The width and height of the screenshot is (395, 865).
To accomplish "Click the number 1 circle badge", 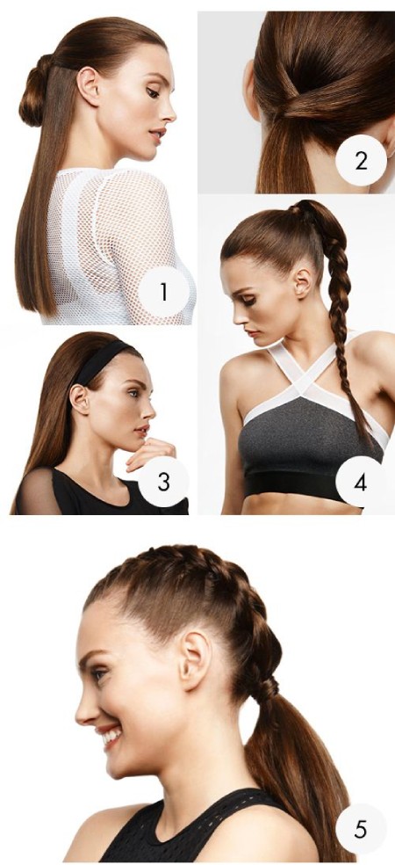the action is point(163,293).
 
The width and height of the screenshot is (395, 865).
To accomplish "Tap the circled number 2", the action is point(360,161).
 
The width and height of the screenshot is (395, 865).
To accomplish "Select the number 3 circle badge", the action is point(163,481).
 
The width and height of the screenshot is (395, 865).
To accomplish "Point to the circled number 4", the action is point(360,482).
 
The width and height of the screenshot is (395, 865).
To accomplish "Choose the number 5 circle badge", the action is point(360,829).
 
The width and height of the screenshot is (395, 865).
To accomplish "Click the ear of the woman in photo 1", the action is point(88,85).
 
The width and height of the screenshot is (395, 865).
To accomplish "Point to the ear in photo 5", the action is point(195,659).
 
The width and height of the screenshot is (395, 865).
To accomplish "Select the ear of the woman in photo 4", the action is point(303,282).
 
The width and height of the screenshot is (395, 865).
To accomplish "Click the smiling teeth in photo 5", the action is point(111,734).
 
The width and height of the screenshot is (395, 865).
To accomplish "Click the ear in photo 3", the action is point(79,399).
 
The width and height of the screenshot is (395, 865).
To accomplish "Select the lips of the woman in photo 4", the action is point(252,332).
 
